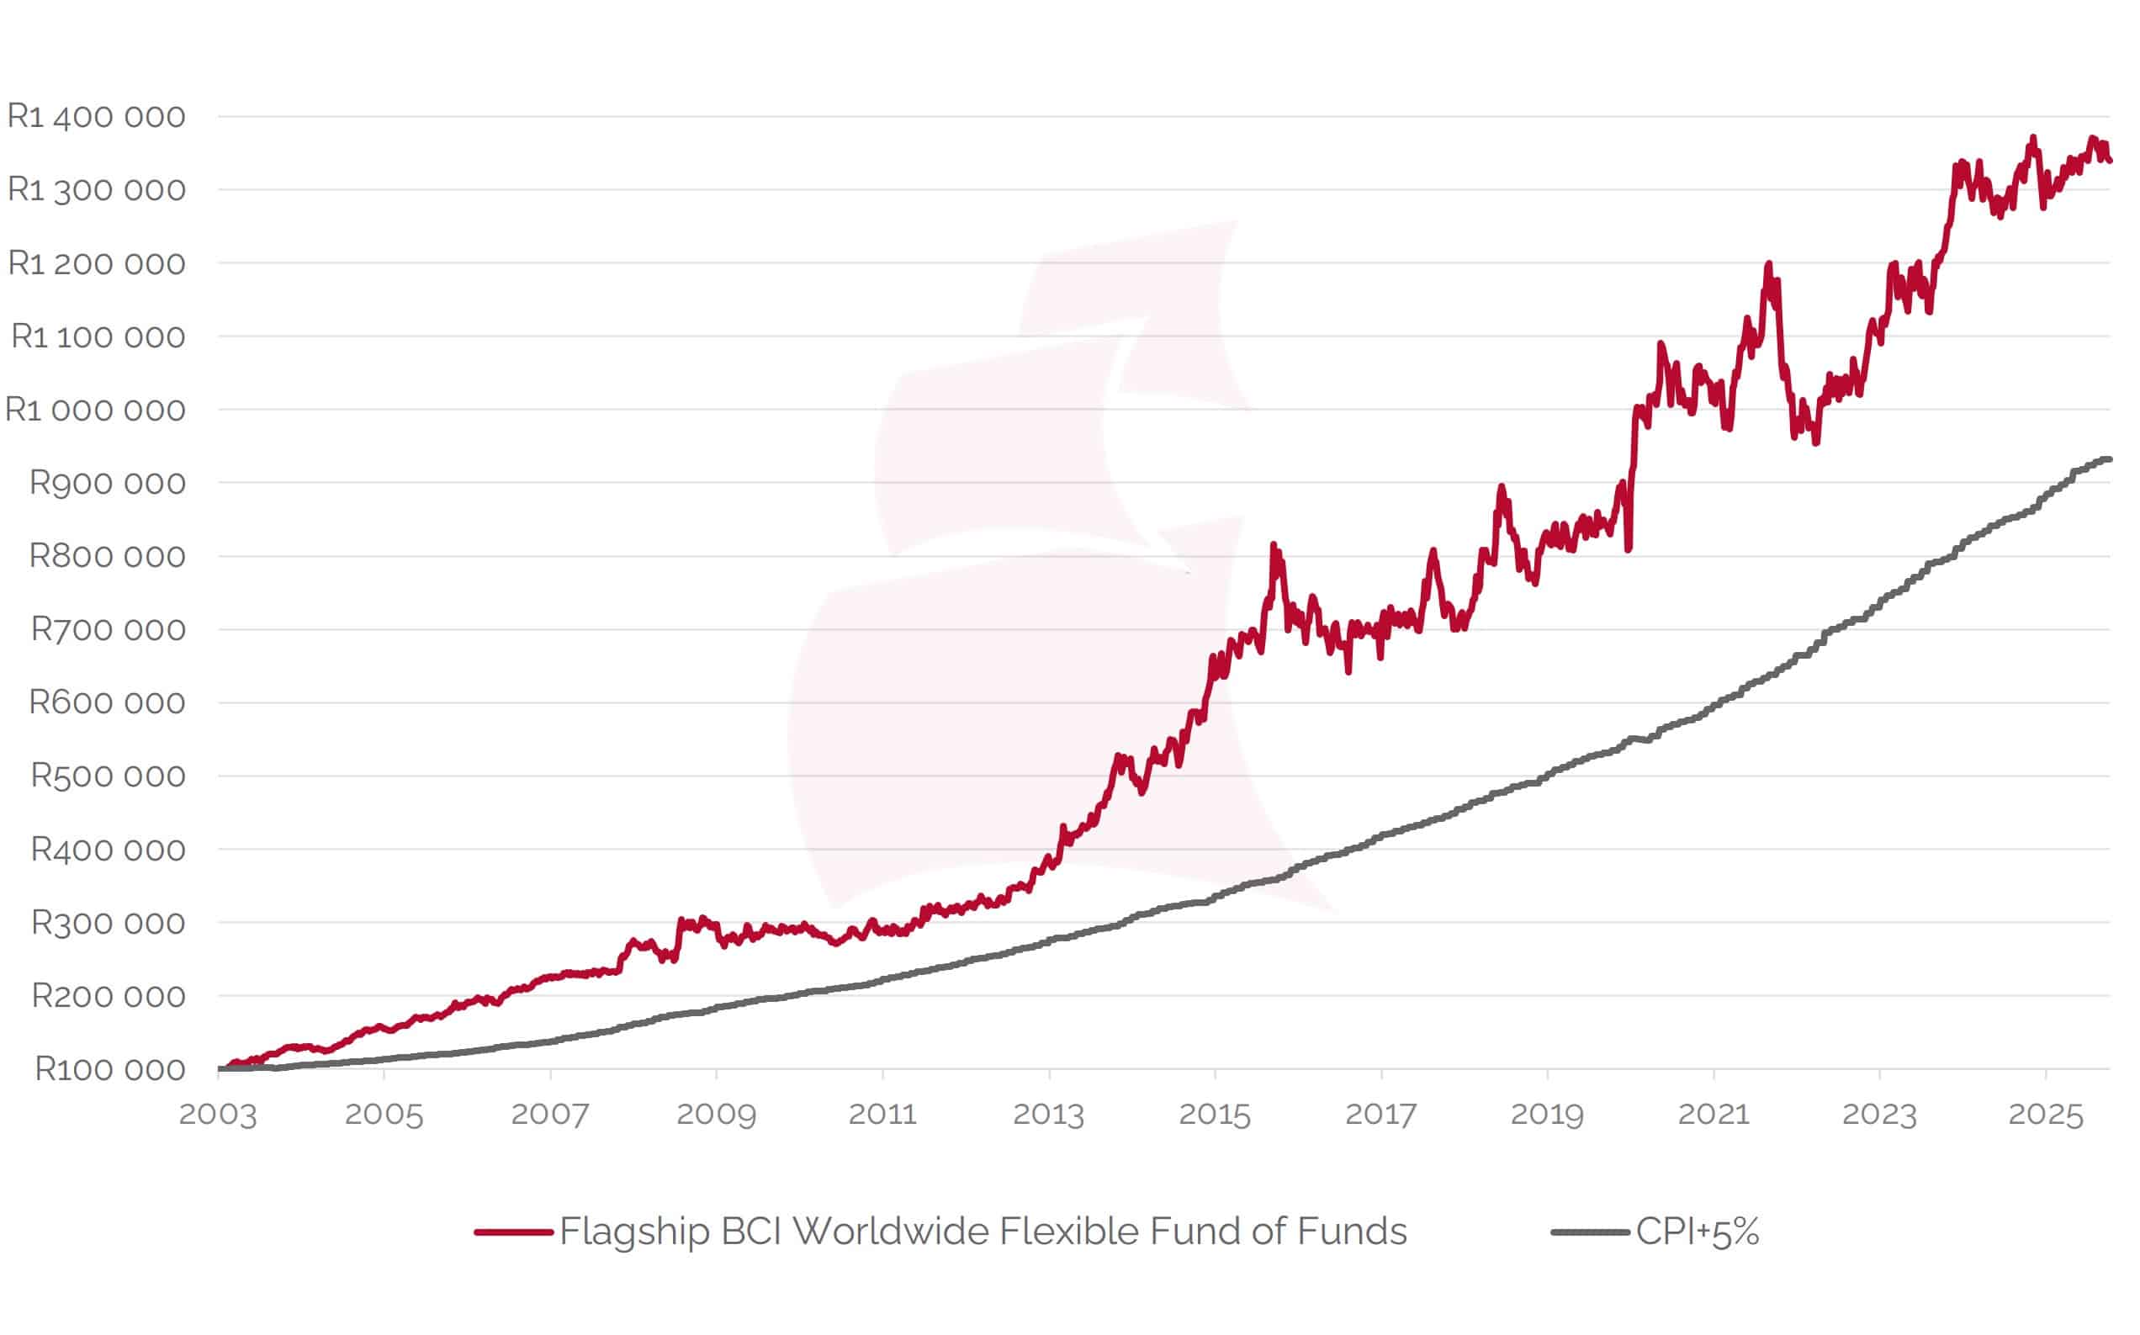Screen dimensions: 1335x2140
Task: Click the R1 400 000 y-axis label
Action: tap(96, 117)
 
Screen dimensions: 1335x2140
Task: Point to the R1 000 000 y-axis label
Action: tap(95, 410)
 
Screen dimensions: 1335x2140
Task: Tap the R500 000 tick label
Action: tap(108, 776)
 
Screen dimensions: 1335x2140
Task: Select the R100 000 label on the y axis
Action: tap(109, 1069)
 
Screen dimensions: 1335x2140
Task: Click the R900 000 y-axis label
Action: tap(108, 483)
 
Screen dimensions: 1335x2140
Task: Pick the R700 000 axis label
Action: tap(108, 629)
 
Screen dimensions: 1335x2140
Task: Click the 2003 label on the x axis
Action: tap(218, 1115)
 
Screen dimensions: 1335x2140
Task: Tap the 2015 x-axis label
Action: tap(1215, 1115)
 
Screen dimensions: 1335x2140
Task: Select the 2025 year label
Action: tap(2046, 1115)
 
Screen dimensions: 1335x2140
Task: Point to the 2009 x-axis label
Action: tap(716, 1115)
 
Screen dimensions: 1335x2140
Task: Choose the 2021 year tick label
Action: tap(1714, 1115)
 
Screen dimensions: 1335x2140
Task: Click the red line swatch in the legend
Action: tap(513, 1232)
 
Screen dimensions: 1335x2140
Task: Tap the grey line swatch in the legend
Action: tap(1590, 1232)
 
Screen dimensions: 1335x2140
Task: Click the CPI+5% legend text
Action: tap(1697, 1232)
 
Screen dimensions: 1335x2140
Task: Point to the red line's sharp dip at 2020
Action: tap(1628, 548)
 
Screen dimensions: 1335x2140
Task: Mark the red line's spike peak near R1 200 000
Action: tap(1768, 264)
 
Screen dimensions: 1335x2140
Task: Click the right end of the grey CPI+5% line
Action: tap(2109, 459)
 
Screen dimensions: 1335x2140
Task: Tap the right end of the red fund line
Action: tap(2109, 160)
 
